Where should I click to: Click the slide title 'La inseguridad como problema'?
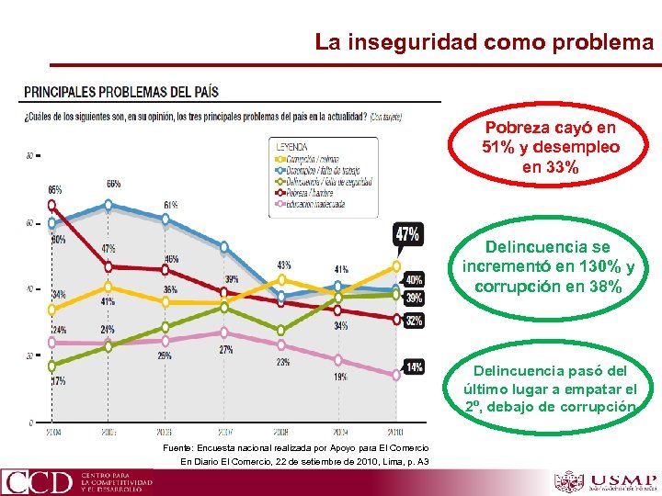(x=484, y=42)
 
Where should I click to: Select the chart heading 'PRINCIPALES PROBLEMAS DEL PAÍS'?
(x=120, y=93)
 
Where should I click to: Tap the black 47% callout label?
(x=407, y=235)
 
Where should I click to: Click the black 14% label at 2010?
(x=414, y=366)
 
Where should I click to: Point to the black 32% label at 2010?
(x=414, y=321)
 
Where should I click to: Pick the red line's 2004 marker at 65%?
(x=52, y=205)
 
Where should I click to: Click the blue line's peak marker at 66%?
(x=109, y=205)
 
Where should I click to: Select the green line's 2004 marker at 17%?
(x=52, y=366)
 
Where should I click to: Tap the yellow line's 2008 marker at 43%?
(x=282, y=279)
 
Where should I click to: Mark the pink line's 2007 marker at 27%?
(x=225, y=333)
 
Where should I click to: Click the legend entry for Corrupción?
(x=318, y=160)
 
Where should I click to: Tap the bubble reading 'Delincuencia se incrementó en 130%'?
(x=548, y=267)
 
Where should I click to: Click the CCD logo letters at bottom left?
(x=38, y=482)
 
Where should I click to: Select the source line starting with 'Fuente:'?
(x=294, y=447)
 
